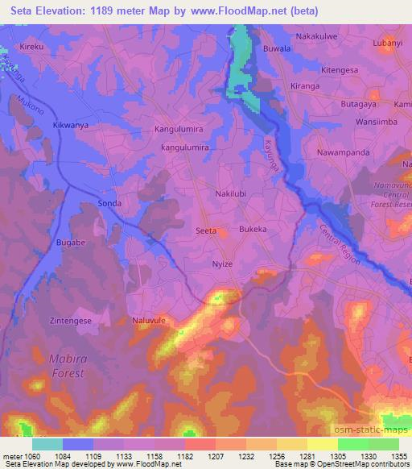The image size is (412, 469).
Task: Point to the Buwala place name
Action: tap(277, 49)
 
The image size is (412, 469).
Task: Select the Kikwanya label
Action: tap(69, 127)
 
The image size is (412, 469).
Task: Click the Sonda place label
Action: tap(109, 203)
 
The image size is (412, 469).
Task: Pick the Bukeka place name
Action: tap(253, 230)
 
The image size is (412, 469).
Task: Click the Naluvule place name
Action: tap(148, 320)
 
